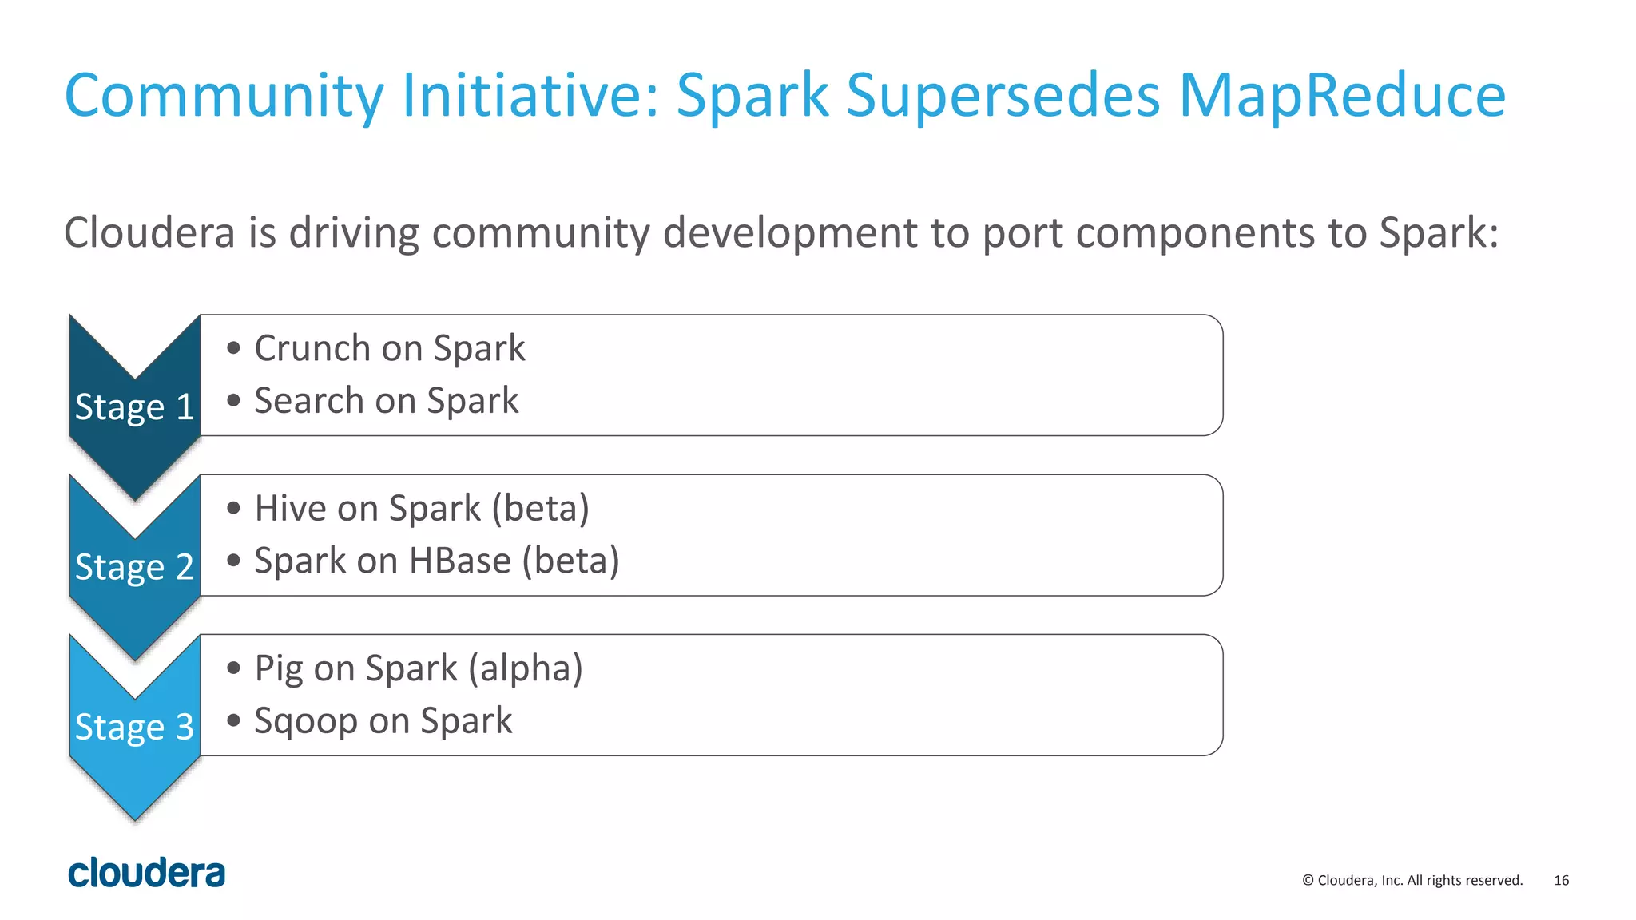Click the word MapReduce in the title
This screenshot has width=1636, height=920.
tap(1342, 96)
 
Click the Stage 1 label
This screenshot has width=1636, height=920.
tap(134, 407)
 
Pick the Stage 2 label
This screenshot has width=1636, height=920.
tap(134, 567)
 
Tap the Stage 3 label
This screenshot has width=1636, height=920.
tap(134, 727)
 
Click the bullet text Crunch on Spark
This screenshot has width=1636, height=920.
tap(390, 349)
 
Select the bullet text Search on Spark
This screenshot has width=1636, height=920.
tap(387, 401)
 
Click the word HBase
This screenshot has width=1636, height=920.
tap(459, 561)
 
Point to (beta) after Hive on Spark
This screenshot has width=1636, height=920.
tap(541, 509)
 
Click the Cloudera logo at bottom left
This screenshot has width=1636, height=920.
tap(147, 873)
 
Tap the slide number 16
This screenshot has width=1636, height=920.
tap(1561, 881)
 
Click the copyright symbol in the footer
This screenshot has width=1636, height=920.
tap(1308, 881)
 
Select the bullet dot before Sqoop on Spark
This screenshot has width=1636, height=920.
tap(233, 720)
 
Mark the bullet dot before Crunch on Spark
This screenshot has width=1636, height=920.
tap(233, 348)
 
